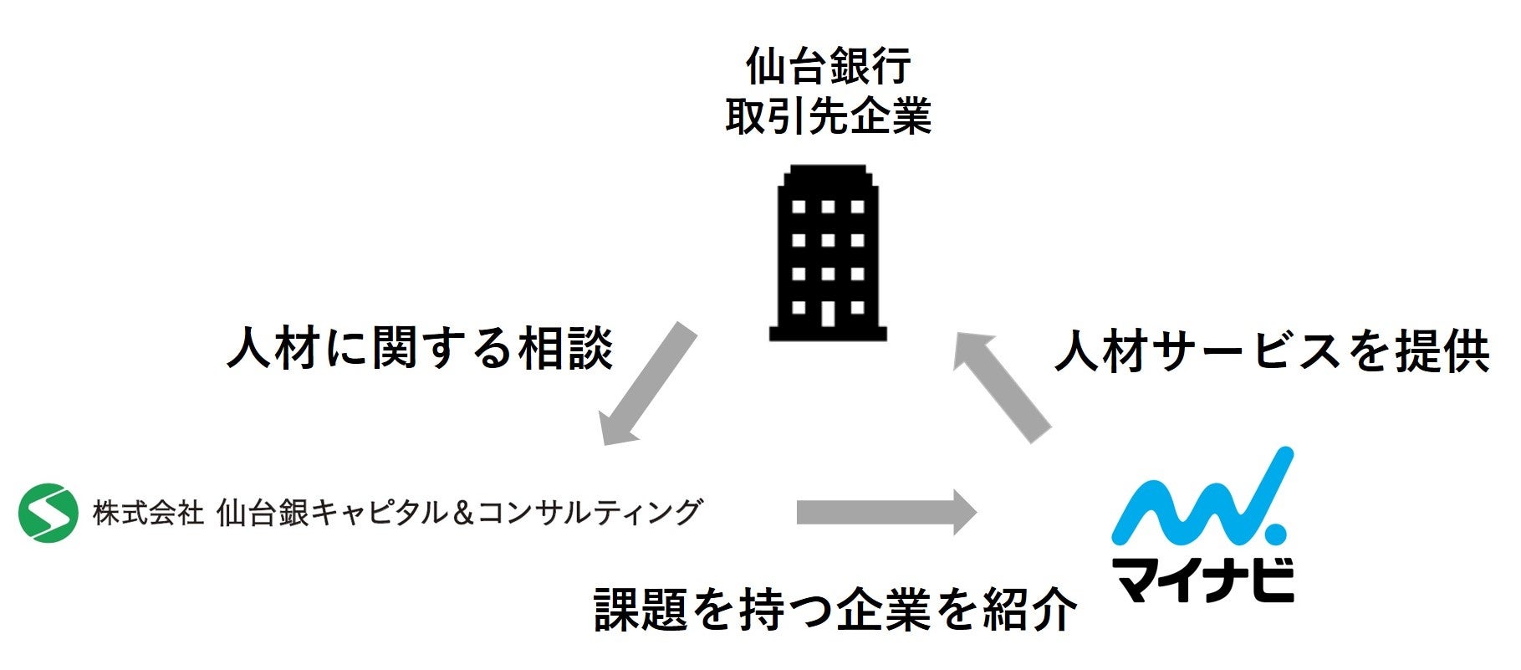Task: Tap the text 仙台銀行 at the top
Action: (x=828, y=67)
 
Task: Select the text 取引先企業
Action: (x=828, y=116)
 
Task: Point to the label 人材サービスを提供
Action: (x=1272, y=351)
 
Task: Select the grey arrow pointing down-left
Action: (x=649, y=384)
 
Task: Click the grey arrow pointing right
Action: (x=886, y=511)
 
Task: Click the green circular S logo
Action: (x=48, y=512)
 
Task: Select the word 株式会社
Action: (x=148, y=512)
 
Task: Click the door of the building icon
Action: (x=827, y=313)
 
